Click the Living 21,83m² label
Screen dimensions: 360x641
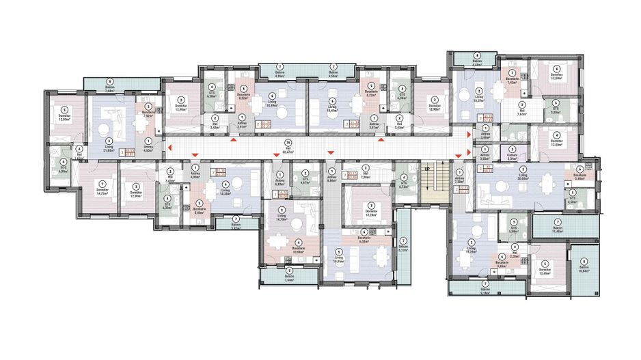coord(108,151)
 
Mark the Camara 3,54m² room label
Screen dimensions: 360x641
coord(511,158)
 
